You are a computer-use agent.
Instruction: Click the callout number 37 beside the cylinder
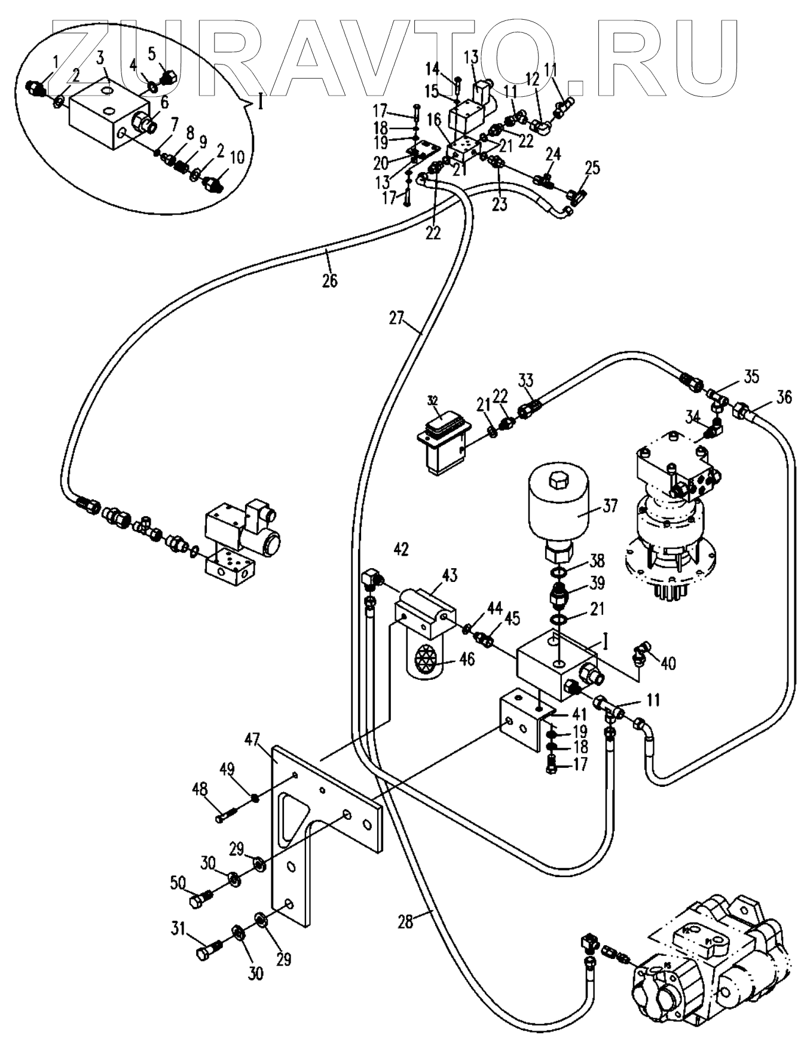609,507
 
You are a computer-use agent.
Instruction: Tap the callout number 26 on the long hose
329,280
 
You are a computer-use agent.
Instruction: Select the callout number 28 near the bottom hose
405,922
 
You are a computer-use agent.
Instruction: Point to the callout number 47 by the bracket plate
252,741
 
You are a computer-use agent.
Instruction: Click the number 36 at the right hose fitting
784,397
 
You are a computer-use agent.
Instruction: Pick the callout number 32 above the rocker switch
433,400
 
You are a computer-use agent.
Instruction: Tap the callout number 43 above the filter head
449,576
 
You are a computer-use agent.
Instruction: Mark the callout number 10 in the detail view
237,158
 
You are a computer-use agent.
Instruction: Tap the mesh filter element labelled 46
425,660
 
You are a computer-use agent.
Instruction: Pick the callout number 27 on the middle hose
396,318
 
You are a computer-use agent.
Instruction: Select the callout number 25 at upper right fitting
592,169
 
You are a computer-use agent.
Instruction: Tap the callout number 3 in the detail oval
100,58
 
